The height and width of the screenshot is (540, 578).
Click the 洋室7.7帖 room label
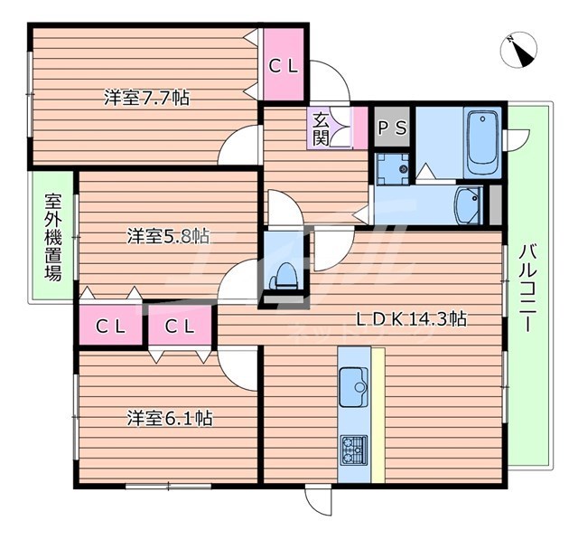[x=145, y=98]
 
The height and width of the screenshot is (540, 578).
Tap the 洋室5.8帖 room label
[x=168, y=236]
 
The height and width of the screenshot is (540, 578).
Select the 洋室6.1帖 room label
[x=170, y=418]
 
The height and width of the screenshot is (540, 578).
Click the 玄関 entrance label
[x=321, y=128]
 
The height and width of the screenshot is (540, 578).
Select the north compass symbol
[x=520, y=51]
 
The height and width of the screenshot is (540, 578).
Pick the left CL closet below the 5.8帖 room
[x=110, y=326]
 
